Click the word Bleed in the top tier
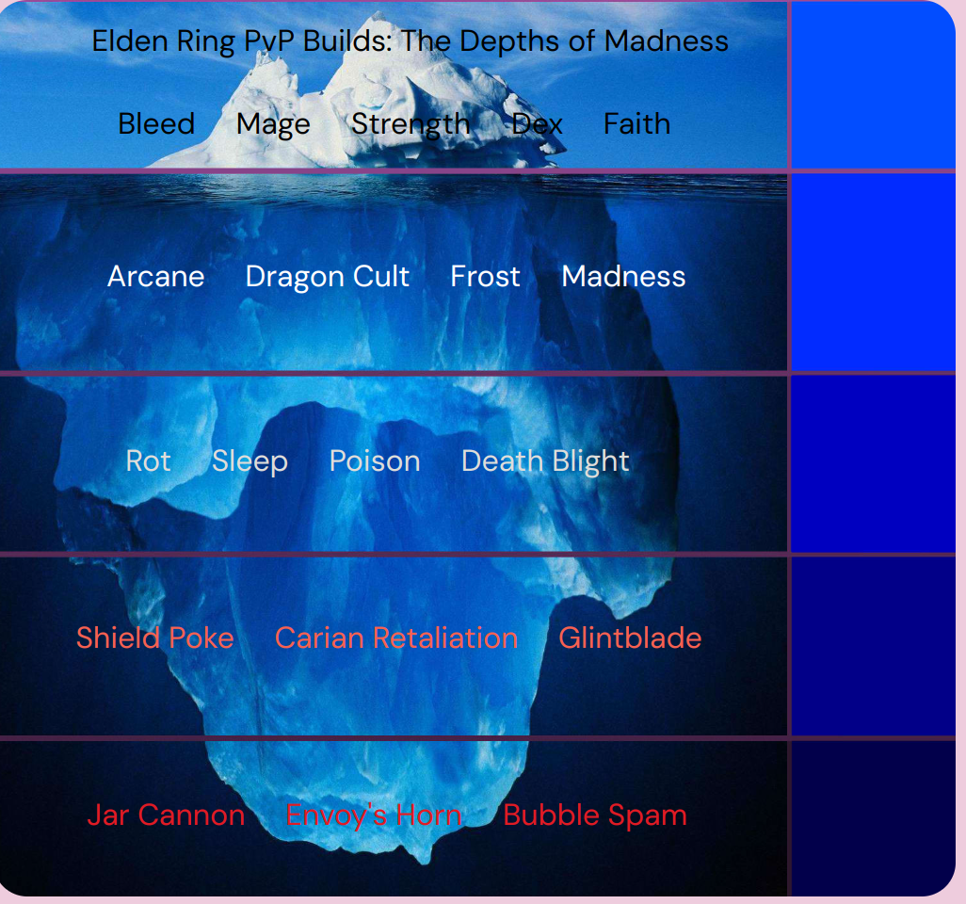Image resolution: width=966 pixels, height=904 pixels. (x=156, y=124)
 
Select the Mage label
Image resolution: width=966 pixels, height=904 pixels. (x=273, y=124)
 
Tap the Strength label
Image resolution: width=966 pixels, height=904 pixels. (x=411, y=124)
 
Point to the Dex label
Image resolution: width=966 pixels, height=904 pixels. (x=538, y=124)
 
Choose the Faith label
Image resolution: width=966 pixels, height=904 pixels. (x=637, y=124)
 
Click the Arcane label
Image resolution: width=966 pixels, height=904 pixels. (x=156, y=277)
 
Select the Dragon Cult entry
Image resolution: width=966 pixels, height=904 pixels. (x=328, y=277)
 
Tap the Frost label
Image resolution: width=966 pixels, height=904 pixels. (x=485, y=277)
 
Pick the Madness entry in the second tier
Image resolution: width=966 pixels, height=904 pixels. (x=623, y=277)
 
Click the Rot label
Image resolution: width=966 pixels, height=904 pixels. (x=149, y=461)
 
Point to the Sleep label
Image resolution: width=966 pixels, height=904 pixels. (x=250, y=461)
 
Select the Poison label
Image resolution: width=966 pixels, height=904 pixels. (x=375, y=461)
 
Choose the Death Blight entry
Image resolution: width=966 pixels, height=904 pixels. (x=545, y=461)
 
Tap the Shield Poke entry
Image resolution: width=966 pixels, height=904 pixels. (x=155, y=638)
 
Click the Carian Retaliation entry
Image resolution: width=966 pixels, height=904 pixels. (x=396, y=638)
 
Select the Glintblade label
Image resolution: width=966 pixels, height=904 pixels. (x=630, y=638)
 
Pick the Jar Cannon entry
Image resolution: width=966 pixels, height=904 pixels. (x=166, y=815)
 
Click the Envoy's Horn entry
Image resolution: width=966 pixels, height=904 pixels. (x=374, y=815)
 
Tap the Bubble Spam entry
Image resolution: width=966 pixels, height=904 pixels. (x=595, y=815)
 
